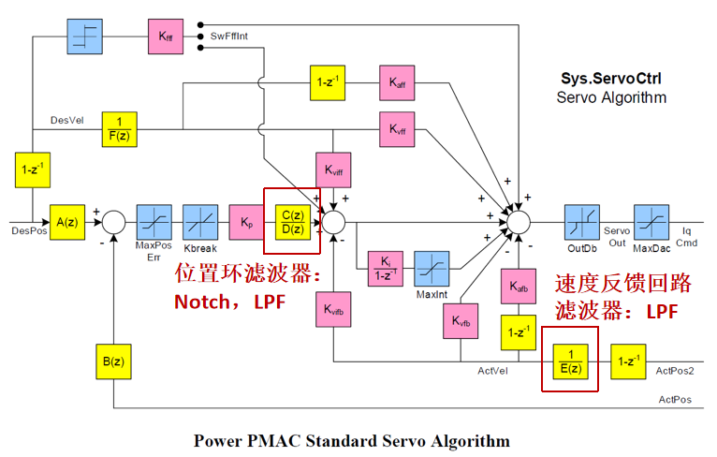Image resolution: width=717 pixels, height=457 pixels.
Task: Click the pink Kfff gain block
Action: point(166,37)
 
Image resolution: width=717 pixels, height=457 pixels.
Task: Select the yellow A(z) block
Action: point(67,222)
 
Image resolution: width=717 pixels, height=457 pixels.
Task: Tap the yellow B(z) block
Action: point(113,361)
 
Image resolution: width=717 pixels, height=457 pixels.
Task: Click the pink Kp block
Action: point(247,222)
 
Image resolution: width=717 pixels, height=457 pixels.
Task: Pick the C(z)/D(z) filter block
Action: point(293,222)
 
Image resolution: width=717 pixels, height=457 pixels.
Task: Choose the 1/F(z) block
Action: point(120,129)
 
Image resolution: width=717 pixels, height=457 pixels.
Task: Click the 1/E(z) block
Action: point(570,361)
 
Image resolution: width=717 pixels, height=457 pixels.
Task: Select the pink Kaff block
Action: point(397,82)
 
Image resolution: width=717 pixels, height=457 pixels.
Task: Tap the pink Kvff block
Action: point(397,129)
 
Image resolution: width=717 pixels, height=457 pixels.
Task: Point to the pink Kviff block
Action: point(333,170)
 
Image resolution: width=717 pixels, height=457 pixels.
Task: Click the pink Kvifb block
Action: point(333,310)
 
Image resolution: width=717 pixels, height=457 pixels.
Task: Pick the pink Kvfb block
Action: point(461,321)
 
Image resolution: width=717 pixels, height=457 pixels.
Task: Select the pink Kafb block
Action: point(519,287)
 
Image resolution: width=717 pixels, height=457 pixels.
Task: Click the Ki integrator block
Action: point(386,269)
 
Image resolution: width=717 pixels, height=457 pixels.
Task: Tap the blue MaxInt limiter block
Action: point(432,269)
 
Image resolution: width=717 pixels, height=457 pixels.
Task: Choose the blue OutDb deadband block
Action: point(582,222)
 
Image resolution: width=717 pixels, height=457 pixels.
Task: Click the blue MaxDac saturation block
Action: point(651,222)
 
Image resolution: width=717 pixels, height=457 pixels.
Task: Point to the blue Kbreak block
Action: point(200,222)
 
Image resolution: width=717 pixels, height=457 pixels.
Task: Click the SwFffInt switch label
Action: point(229,37)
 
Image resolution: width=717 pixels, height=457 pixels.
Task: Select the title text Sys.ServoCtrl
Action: point(611,79)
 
